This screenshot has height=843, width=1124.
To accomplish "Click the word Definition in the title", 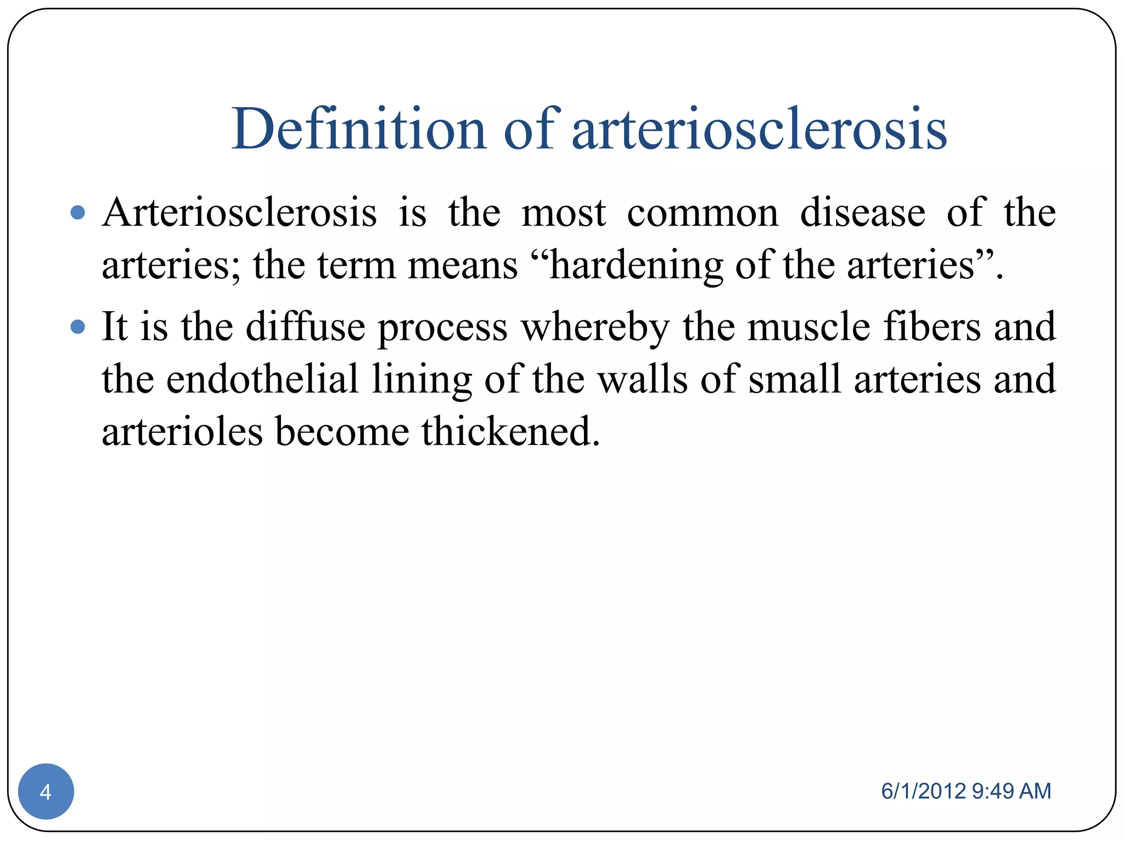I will point(359,129).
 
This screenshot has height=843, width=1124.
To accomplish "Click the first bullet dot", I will point(78,212).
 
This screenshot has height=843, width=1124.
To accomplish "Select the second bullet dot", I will point(78,327).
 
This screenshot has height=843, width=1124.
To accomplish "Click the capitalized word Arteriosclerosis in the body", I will point(239,212).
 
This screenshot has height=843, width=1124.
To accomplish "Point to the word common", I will point(702,213).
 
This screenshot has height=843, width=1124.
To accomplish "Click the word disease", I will point(862,212).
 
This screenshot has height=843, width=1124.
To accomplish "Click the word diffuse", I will point(305,327).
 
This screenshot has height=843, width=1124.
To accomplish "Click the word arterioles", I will point(182,431).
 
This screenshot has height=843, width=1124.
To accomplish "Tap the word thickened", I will point(510,431).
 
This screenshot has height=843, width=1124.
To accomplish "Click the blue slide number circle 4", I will point(46,791).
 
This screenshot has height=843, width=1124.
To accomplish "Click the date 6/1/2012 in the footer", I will point(923,791).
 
